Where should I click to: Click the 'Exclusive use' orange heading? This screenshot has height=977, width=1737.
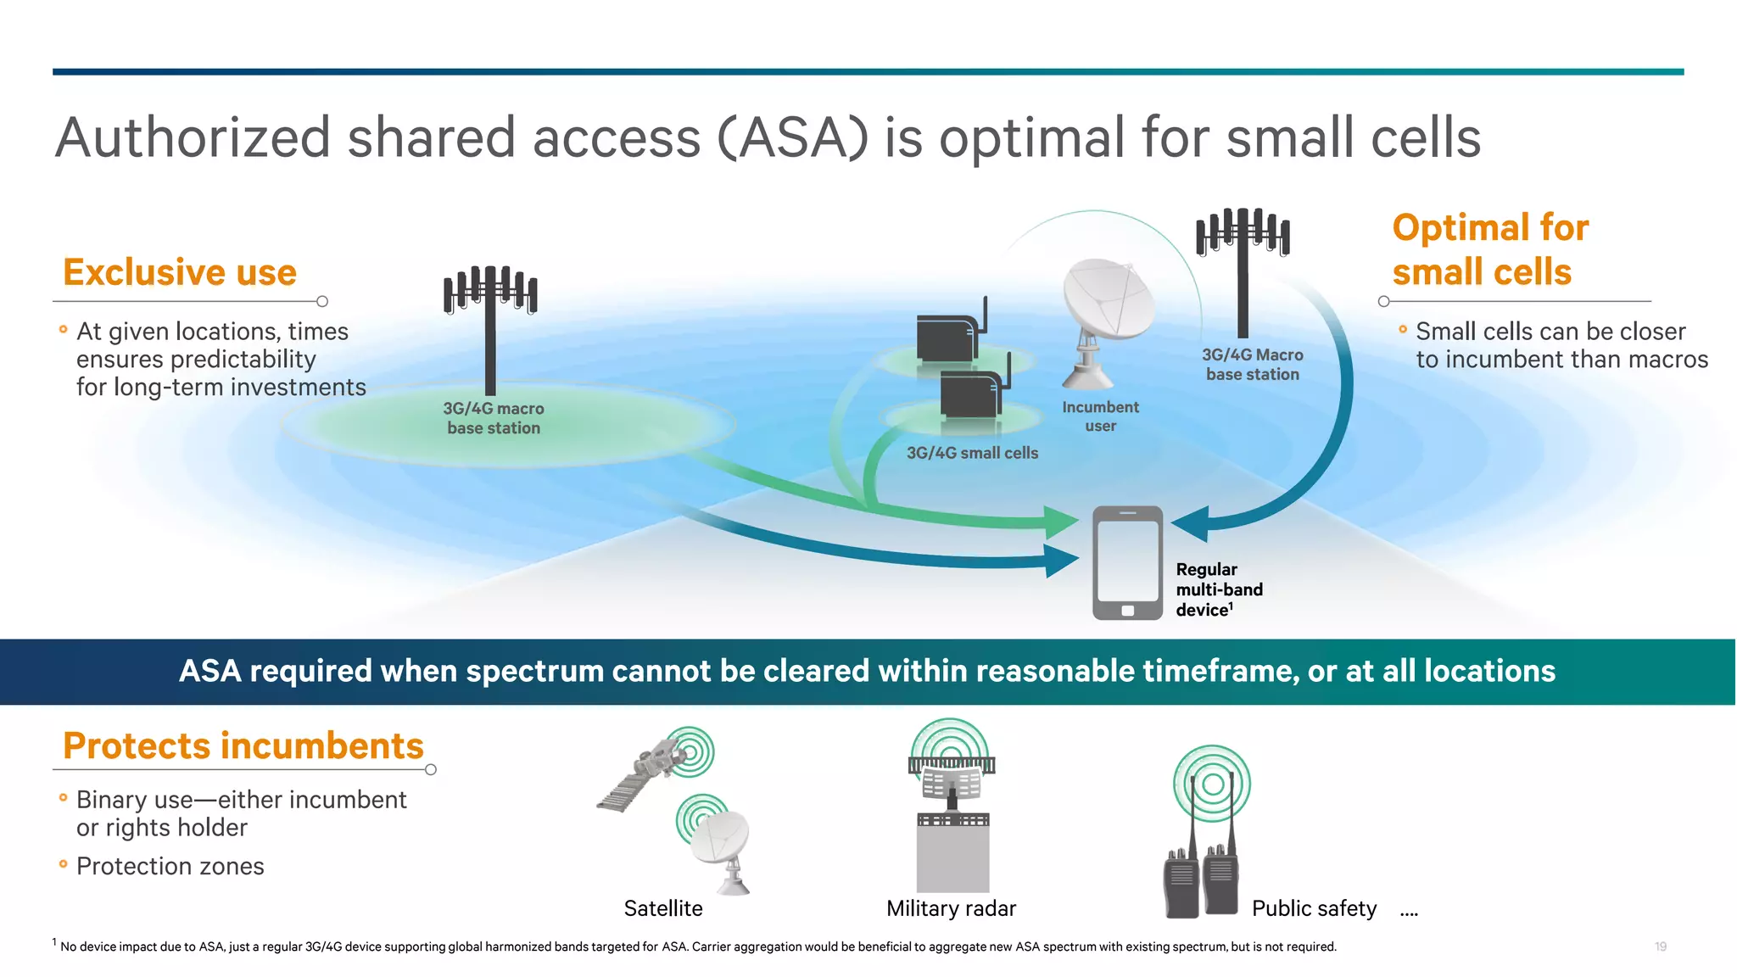180,273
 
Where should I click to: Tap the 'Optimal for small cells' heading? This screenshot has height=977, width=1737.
1489,250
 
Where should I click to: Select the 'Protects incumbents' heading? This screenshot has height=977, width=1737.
243,746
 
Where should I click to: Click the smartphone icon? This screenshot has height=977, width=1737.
1127,563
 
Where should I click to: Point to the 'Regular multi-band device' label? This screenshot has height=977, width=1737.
1219,589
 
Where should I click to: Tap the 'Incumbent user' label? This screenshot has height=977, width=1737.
1100,416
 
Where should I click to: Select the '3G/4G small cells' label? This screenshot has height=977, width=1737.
972,453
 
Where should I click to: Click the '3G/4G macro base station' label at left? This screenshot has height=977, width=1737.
494,418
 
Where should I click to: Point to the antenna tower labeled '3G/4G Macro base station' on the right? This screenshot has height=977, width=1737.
1243,271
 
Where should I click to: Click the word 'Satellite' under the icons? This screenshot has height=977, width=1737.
663,909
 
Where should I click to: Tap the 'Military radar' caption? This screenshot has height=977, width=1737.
951,909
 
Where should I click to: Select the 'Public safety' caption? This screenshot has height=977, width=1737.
1314,909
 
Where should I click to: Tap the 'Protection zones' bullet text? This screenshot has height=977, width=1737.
170,867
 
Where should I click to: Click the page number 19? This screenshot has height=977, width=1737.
1660,946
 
